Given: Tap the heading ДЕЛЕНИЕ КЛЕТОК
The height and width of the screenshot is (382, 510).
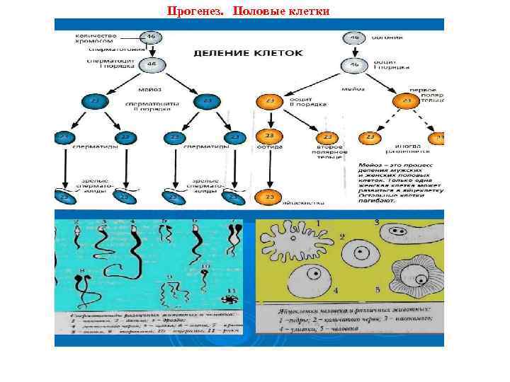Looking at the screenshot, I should (x=249, y=52).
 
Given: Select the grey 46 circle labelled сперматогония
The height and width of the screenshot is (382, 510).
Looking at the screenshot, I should (x=150, y=37).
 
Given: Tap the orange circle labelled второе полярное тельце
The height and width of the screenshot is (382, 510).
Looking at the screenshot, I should (x=327, y=137).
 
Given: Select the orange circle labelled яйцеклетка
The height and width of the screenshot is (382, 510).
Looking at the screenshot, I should (x=268, y=196).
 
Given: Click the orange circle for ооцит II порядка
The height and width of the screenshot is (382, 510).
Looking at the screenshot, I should (x=268, y=101).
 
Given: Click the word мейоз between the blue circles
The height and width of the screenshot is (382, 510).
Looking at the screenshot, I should (x=145, y=90).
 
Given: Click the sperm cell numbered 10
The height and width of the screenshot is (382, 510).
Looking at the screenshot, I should (x=206, y=273).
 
